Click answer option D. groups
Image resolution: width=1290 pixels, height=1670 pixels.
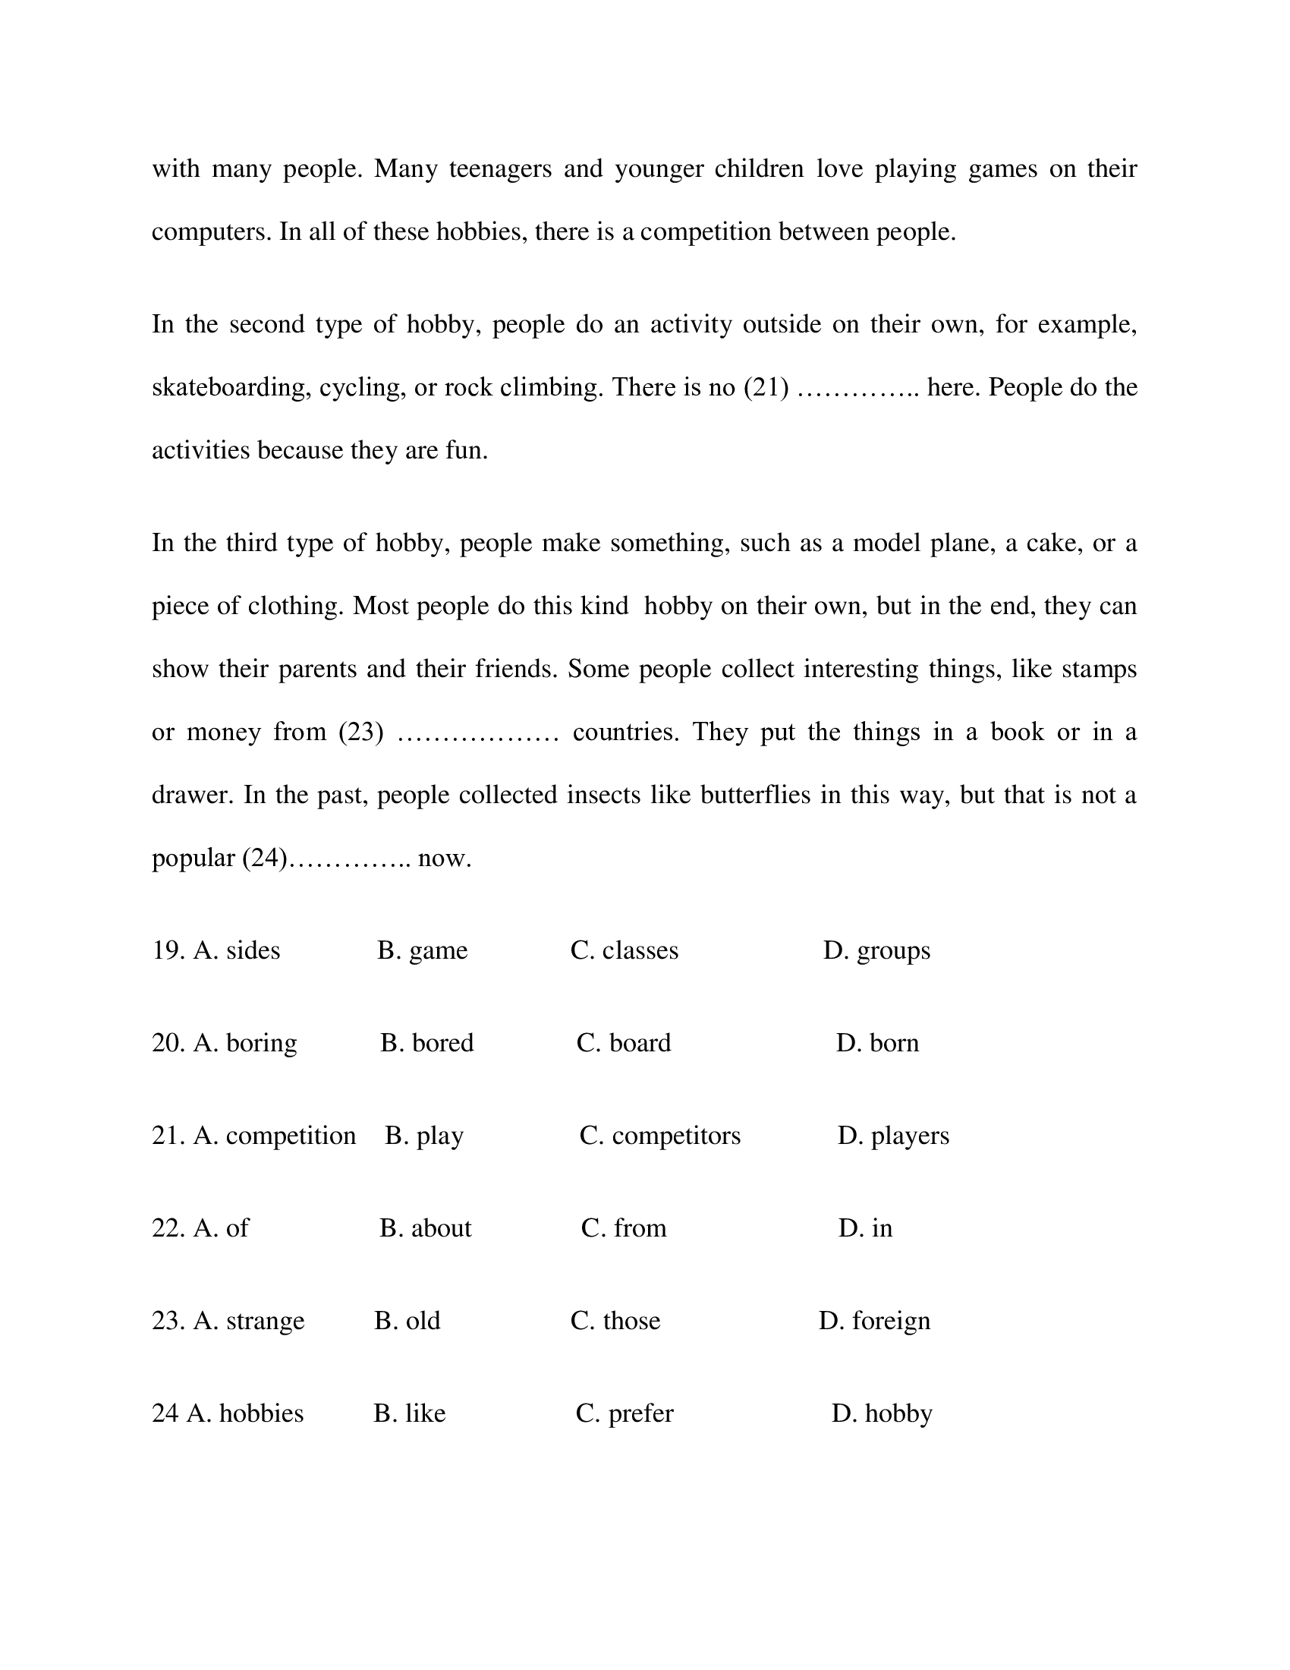pyautogui.click(x=876, y=950)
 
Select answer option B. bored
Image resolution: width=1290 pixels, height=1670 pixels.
pyautogui.click(x=426, y=1043)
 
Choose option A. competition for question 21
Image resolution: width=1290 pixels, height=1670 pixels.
pyautogui.click(x=275, y=1136)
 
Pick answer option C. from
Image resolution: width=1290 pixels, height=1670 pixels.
pyautogui.click(x=624, y=1228)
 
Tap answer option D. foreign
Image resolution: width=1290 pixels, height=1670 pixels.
pyautogui.click(x=874, y=1321)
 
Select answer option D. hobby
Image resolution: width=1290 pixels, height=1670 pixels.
pyautogui.click(x=882, y=1413)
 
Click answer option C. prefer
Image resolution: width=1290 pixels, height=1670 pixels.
pyautogui.click(x=625, y=1413)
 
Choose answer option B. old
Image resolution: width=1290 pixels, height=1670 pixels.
pyautogui.click(x=407, y=1321)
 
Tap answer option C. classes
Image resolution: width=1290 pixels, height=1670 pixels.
pyautogui.click(x=625, y=950)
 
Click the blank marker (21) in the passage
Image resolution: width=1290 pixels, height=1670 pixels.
pyautogui.click(x=766, y=388)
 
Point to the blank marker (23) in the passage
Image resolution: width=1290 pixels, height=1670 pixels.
pyautogui.click(x=360, y=733)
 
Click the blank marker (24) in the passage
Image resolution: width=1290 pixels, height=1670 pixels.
pyautogui.click(x=264, y=858)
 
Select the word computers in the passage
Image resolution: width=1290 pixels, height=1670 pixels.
pyautogui.click(x=211, y=232)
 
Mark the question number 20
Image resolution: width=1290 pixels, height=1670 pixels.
pyautogui.click(x=168, y=1043)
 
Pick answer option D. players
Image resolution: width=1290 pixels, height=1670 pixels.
pyautogui.click(x=892, y=1136)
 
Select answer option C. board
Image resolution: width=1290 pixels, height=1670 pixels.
pyautogui.click(x=624, y=1043)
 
